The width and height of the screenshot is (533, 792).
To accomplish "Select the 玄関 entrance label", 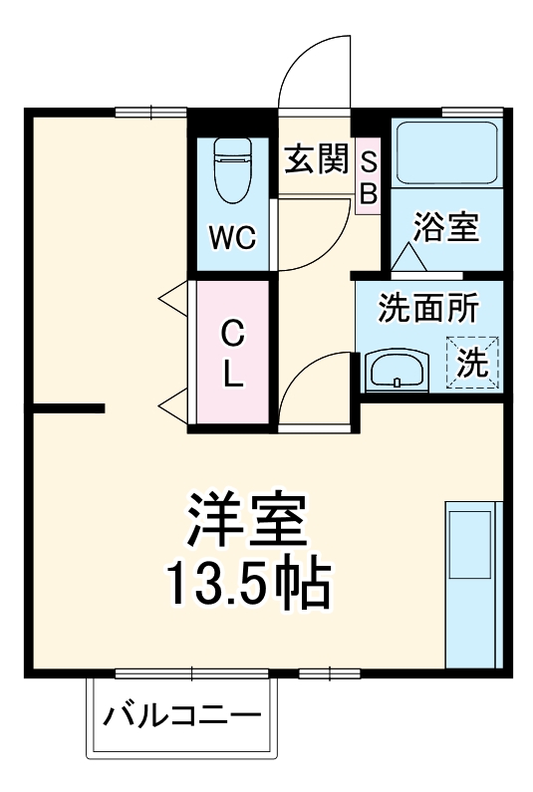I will point(316,159).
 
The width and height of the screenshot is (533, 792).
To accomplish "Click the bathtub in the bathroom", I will point(445,153).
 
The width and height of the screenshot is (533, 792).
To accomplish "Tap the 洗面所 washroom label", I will point(427,308).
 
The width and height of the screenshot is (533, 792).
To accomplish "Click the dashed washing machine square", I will point(473,361).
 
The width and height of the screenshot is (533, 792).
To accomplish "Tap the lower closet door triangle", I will point(174,403).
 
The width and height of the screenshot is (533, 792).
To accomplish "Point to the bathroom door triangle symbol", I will point(408,258).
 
